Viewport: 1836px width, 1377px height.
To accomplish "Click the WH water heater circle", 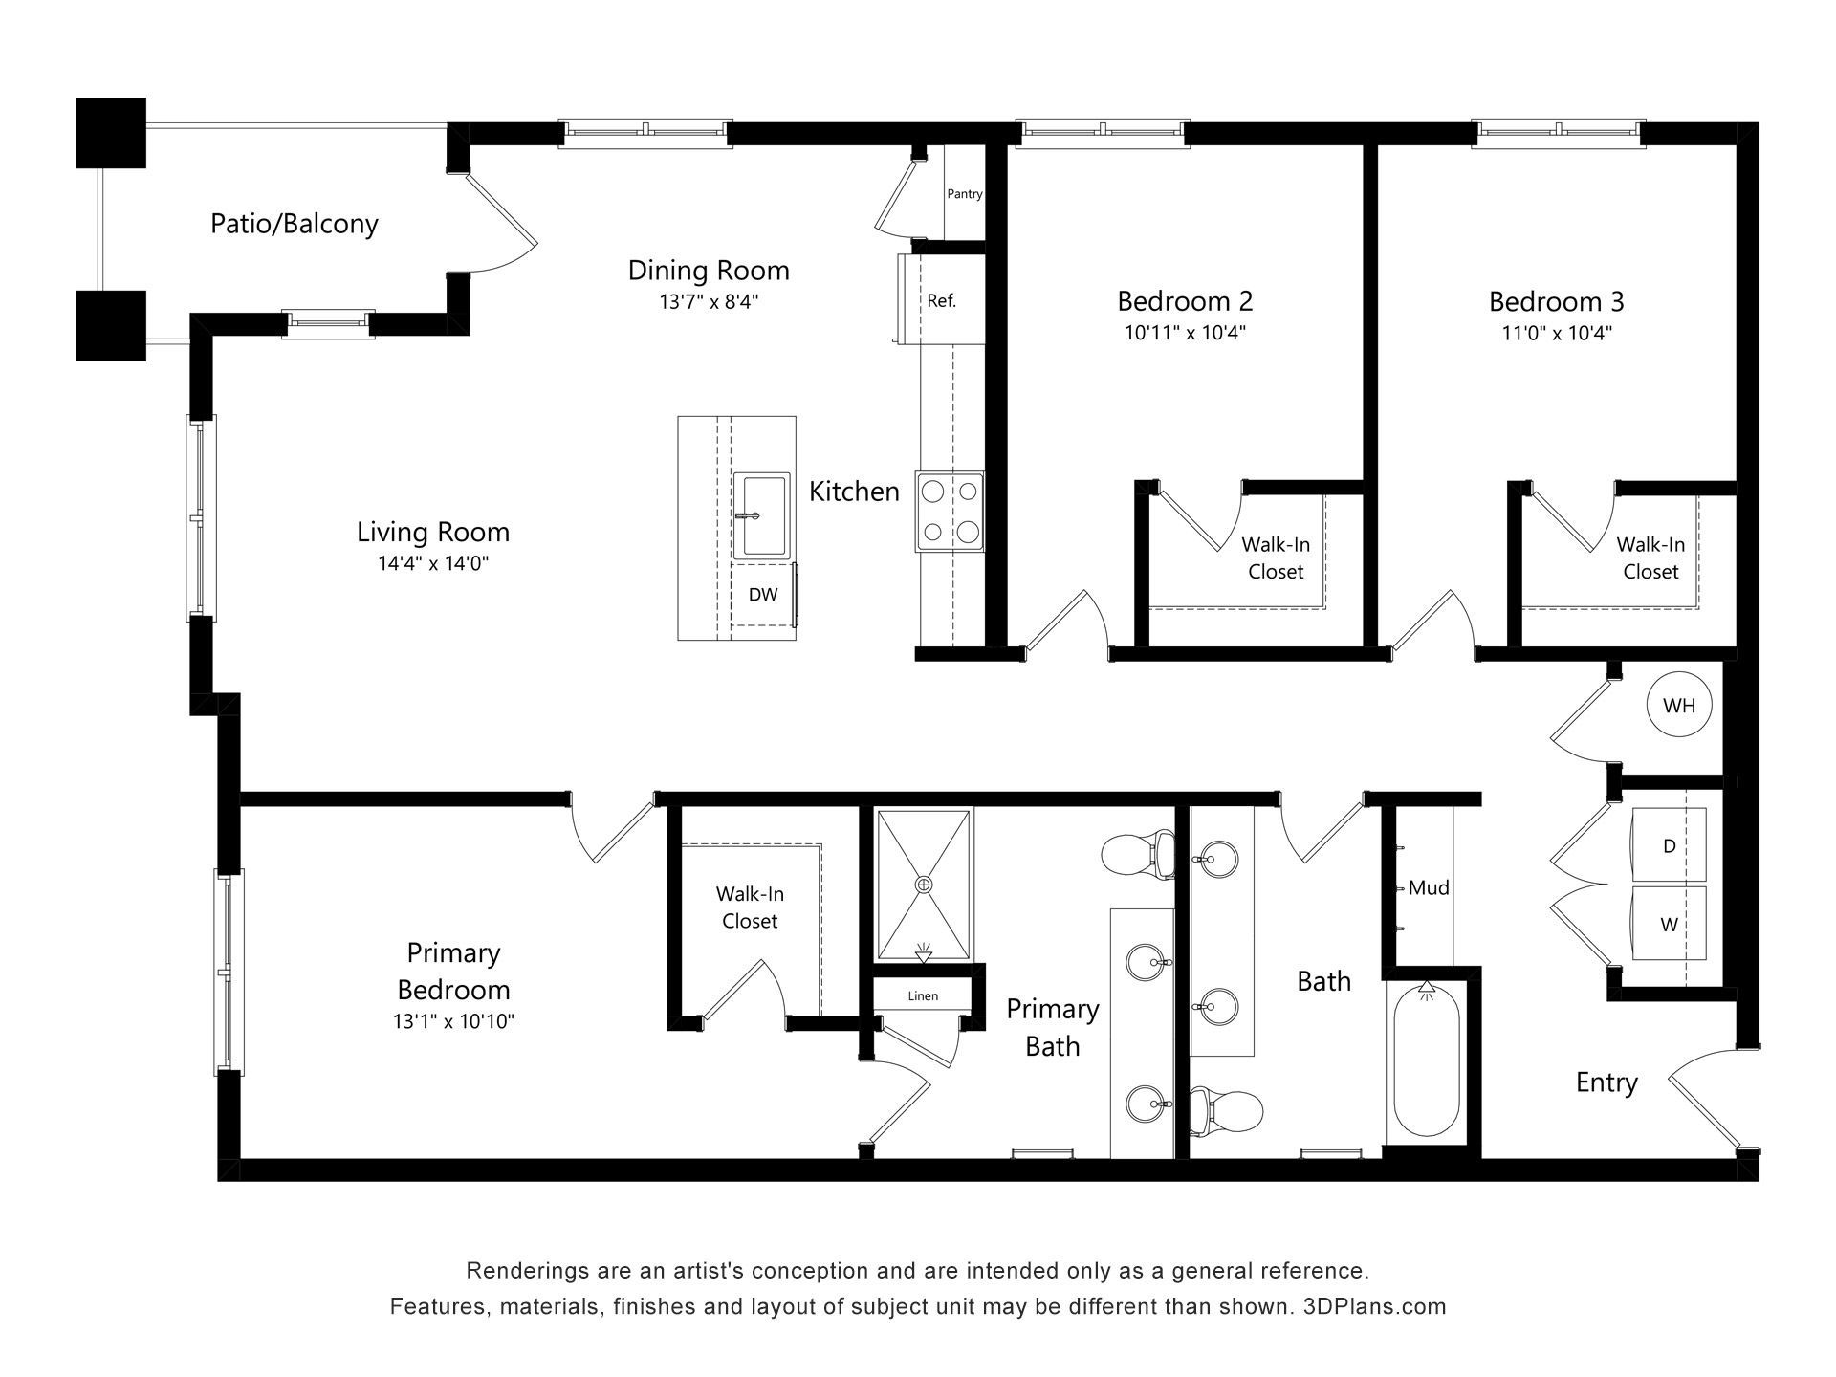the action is point(1679,706).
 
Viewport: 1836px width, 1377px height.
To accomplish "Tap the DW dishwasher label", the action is point(763,595).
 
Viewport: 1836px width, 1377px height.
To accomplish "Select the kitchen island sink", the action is point(762,514).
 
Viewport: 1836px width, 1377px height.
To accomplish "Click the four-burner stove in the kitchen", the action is point(950,512).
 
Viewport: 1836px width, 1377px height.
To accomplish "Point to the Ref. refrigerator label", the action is point(942,301).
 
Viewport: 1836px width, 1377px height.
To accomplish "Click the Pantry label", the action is point(965,194).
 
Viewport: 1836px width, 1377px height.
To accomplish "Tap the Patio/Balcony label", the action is point(295,224).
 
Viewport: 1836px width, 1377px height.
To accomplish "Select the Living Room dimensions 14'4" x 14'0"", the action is point(433,564).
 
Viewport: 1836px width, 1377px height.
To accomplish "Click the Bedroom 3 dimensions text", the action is point(1557,334).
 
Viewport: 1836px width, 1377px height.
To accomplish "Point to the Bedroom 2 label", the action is point(1185,301).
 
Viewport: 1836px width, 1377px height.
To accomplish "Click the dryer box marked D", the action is point(1669,844).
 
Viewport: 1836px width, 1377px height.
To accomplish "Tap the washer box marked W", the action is point(1669,924).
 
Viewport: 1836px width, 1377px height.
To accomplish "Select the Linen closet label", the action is point(923,996).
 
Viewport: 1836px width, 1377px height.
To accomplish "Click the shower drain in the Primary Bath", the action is point(924,885).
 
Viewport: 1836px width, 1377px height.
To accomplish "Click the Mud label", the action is point(1429,888).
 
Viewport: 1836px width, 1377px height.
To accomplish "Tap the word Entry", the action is point(1606,1083).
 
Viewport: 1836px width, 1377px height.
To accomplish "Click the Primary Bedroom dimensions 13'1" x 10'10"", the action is point(453,1021).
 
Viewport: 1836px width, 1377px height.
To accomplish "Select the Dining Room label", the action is point(709,271).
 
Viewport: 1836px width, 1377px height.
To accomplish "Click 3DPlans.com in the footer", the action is point(1375,1306).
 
